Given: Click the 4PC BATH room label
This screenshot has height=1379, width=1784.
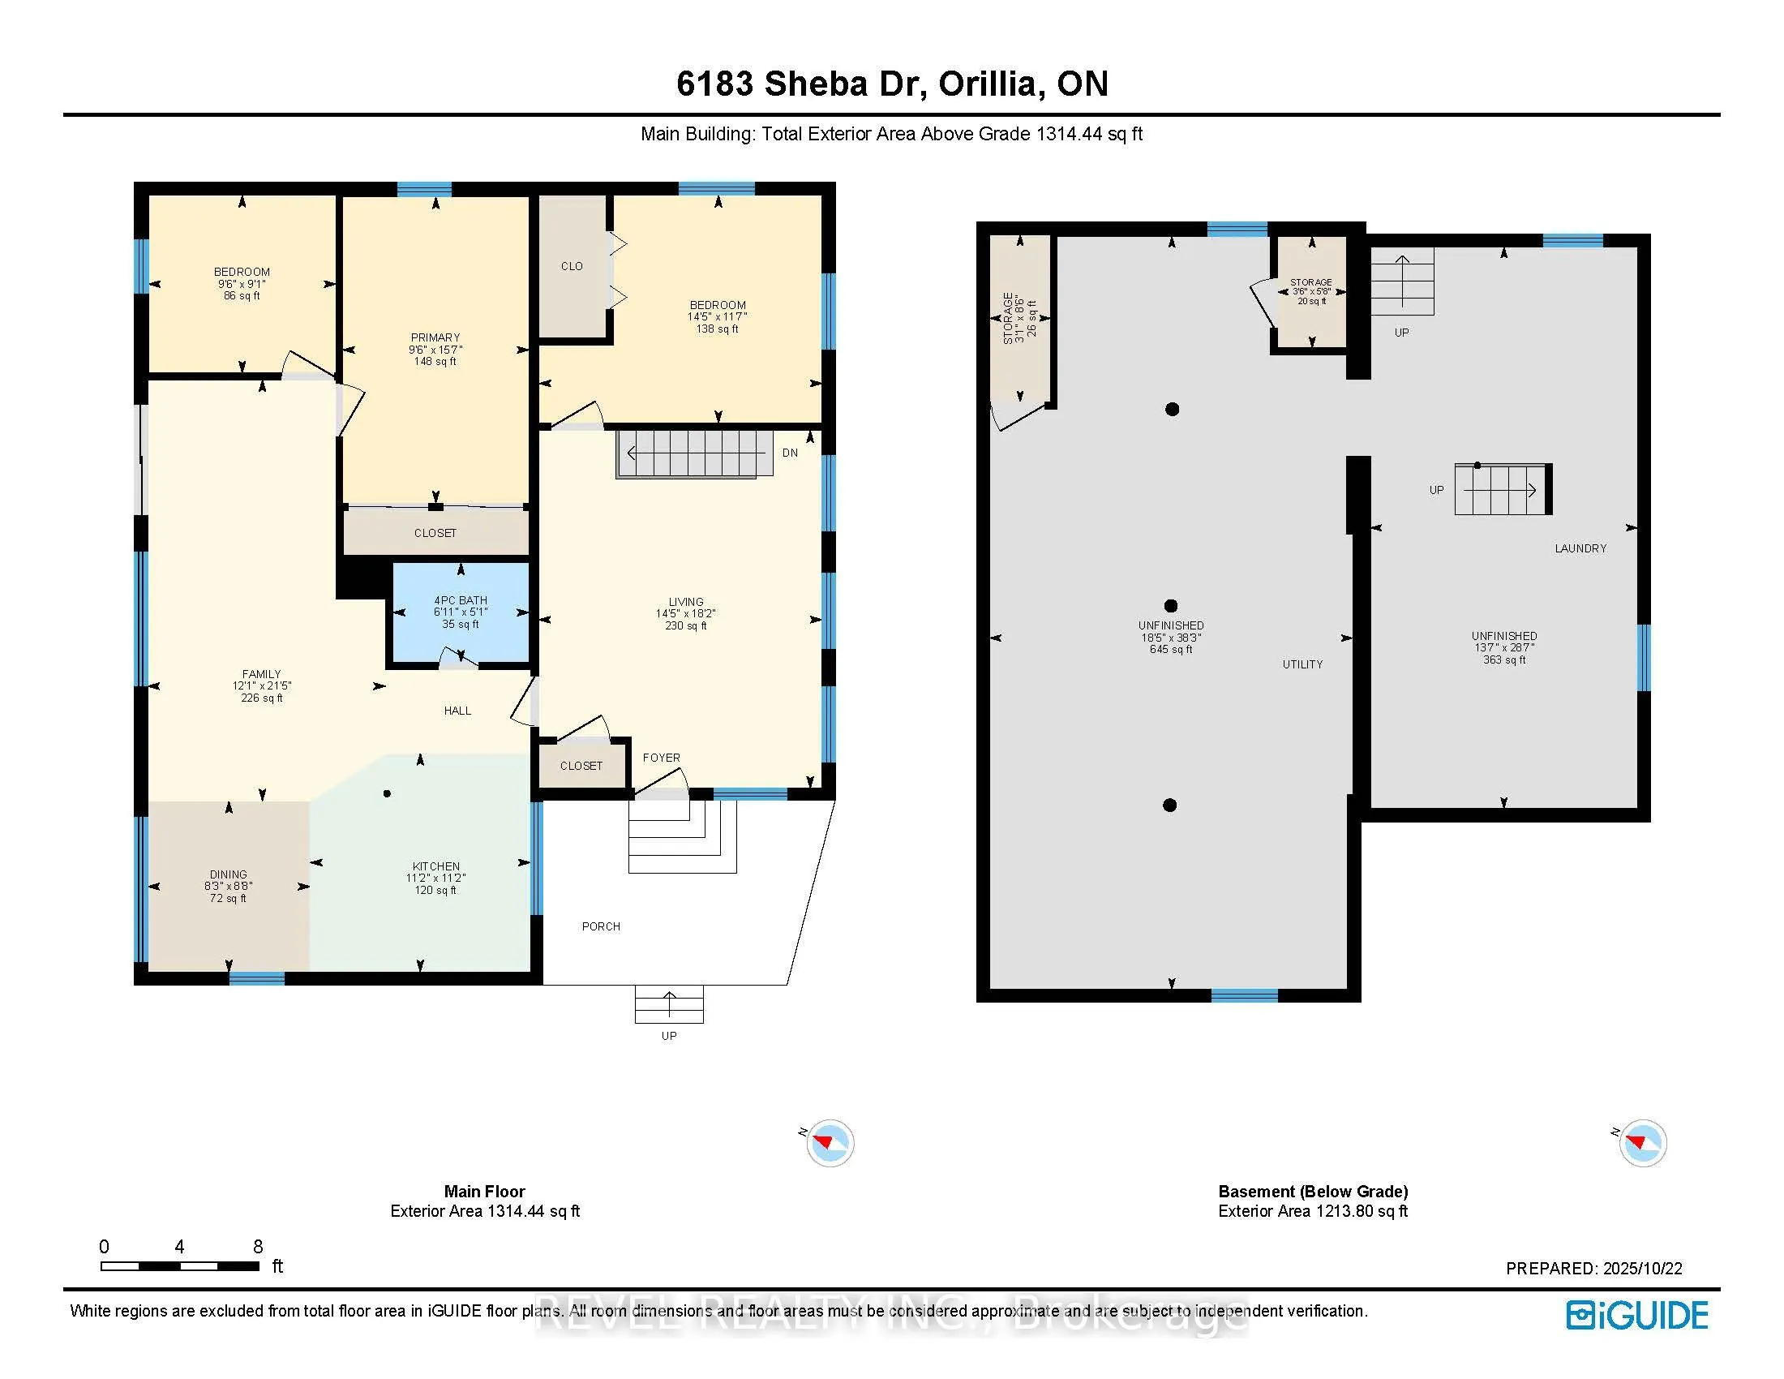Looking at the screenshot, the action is click(461, 600).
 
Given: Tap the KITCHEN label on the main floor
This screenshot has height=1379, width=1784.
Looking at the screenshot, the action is click(436, 866).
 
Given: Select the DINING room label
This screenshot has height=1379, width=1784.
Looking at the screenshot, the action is click(228, 874).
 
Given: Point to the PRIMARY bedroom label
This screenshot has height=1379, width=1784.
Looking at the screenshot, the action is click(435, 337).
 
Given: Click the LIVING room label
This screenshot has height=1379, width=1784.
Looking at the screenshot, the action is click(686, 601).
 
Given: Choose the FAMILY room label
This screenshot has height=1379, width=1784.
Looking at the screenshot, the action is click(261, 674).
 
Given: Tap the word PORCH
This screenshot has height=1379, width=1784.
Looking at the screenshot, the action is click(601, 926).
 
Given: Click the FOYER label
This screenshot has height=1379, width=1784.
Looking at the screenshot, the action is click(662, 758).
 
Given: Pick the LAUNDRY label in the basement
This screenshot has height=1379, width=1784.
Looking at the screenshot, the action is click(1580, 548).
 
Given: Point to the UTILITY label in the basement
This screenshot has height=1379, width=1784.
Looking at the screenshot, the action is click(1303, 664).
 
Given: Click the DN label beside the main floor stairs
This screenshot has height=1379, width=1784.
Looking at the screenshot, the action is click(790, 453).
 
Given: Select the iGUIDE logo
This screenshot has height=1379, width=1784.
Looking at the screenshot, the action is click(1637, 1315).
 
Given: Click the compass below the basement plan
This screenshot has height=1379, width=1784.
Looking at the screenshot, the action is click(1643, 1143).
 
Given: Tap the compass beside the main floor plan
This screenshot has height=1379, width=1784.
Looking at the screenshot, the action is click(830, 1143).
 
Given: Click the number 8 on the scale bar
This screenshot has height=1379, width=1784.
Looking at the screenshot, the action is click(258, 1247).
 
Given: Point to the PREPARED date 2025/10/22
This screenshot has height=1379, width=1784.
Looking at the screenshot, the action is click(1643, 1269).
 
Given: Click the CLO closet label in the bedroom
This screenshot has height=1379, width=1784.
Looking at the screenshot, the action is click(572, 266).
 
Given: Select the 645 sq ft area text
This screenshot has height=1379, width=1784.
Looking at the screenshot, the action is click(1172, 650).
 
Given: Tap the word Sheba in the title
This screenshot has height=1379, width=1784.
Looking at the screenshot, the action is click(815, 84).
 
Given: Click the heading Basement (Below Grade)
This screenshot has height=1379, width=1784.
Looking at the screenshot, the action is click(1314, 1191).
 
